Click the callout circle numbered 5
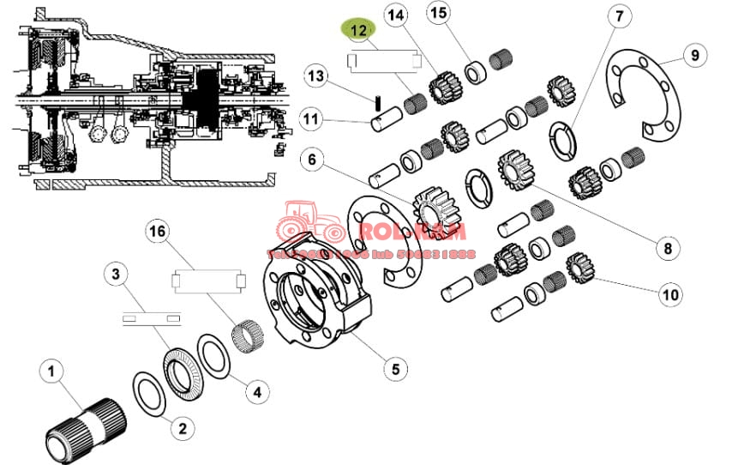click(394, 369)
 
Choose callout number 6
click(311, 160)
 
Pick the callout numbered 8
click(666, 249)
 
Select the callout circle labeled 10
click(670, 294)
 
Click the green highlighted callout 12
click(358, 30)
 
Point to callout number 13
click(316, 77)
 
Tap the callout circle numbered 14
click(396, 15)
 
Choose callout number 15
click(439, 13)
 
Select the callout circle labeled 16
click(157, 231)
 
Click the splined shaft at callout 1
click(85, 426)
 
